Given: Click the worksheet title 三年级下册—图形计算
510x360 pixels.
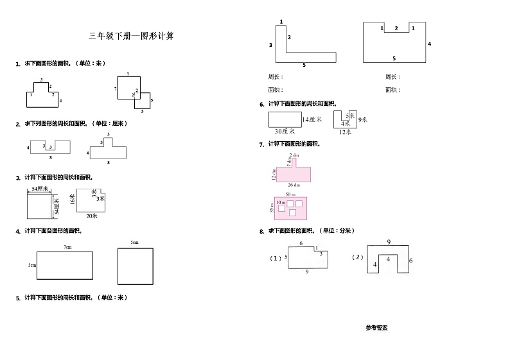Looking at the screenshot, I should click(131, 37).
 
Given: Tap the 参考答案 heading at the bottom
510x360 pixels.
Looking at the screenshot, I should click(376, 327).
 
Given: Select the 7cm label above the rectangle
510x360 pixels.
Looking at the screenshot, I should click(67, 246).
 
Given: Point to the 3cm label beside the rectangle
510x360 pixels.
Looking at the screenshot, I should click(31, 265).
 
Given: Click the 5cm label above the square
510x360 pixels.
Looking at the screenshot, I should click(134, 242).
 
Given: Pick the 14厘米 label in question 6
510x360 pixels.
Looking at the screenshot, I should click(311, 119).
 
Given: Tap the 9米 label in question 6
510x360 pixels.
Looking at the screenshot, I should click(363, 119).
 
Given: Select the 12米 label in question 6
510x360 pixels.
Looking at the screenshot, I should click(345, 132).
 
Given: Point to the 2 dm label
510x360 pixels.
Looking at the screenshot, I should click(294, 155).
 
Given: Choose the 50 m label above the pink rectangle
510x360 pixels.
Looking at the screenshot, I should click(290, 194).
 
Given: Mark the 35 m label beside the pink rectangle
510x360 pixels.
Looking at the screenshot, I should click(272, 207).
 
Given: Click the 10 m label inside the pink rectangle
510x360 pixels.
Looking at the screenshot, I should click(281, 201).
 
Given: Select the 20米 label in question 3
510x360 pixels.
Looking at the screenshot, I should click(91, 216).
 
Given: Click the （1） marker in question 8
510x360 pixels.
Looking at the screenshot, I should click(275, 258).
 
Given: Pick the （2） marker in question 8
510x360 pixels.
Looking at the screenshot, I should click(358, 257).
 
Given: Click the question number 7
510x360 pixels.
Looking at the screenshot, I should click(261, 144).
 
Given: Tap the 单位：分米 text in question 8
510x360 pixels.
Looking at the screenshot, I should click(338, 230).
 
